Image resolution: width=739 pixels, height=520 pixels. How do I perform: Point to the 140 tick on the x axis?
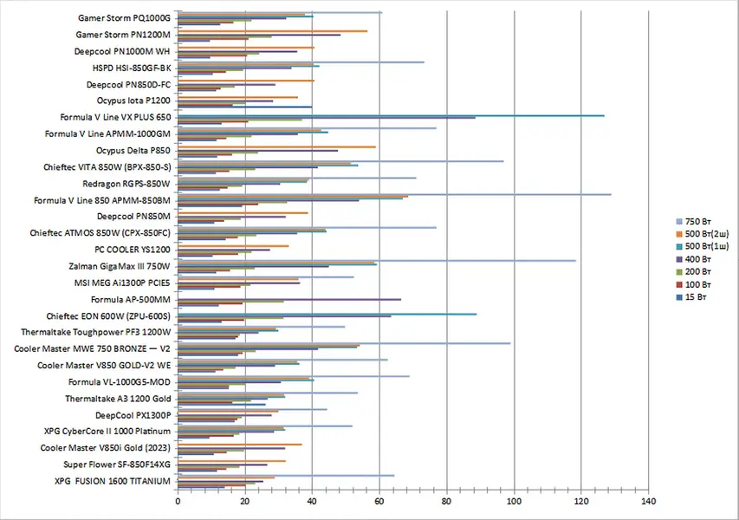click(x=647, y=501)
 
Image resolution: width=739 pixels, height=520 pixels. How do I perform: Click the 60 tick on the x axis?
click(x=379, y=501)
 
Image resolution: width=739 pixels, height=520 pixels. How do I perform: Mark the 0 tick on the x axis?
click(x=178, y=501)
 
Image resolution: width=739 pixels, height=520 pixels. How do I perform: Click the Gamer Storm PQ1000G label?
click(x=124, y=17)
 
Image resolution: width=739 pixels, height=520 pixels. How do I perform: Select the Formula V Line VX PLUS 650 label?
click(x=115, y=117)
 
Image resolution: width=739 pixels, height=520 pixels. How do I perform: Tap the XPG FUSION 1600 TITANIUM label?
click(x=113, y=482)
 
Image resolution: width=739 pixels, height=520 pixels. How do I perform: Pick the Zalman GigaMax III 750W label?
click(x=119, y=266)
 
